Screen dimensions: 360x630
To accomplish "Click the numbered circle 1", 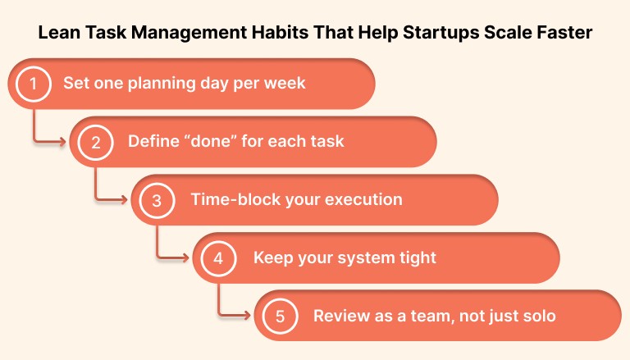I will pyautogui.click(x=34, y=84).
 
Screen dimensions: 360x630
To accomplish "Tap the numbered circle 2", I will pyautogui.click(x=96, y=142).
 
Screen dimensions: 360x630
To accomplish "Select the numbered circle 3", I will pyautogui.click(x=157, y=200).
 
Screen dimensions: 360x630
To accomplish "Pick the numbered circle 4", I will pyautogui.click(x=218, y=258).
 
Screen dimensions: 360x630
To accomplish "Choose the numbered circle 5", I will pyautogui.click(x=280, y=317).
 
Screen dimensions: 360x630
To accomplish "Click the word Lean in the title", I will pyautogui.click(x=58, y=34).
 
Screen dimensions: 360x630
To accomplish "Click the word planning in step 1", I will pyautogui.click(x=156, y=84).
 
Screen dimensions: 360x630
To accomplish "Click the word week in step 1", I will pyautogui.click(x=287, y=84).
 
